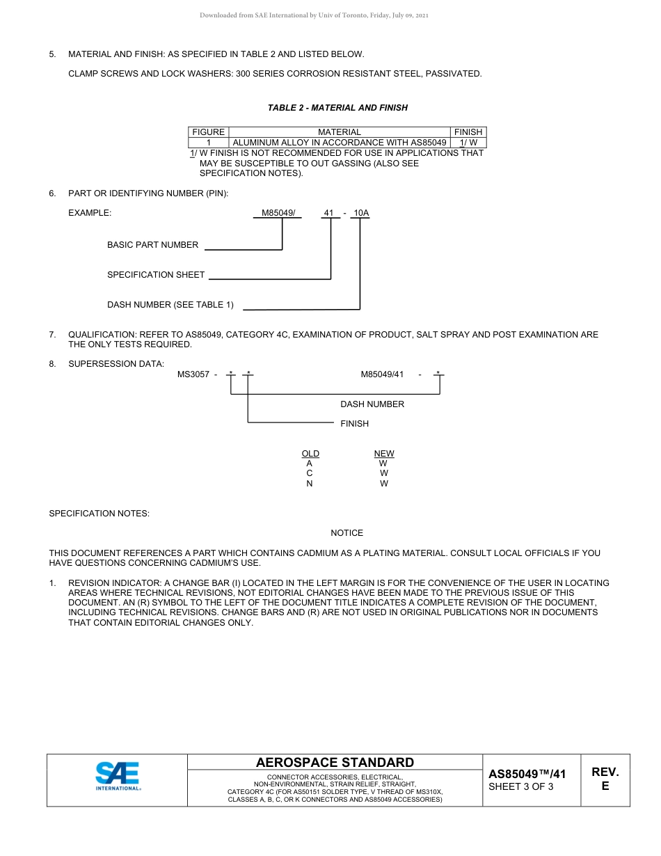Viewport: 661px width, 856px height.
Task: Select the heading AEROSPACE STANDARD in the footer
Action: coord(335,763)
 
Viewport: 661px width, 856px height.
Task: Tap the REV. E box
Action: coord(605,779)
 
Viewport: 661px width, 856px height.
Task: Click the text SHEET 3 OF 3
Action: coord(521,787)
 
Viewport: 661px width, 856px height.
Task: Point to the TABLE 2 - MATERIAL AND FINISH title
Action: coord(337,108)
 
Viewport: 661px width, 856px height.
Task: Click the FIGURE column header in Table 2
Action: coord(208,132)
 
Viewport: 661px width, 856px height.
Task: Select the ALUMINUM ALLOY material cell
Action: coord(339,143)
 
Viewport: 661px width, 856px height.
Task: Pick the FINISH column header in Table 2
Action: coord(468,132)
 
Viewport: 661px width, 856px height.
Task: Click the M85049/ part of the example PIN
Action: coord(278,213)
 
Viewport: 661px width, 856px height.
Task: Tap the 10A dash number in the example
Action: coord(360,213)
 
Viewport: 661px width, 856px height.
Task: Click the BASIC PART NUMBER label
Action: coord(152,245)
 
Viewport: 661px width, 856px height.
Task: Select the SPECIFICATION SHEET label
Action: coord(156,275)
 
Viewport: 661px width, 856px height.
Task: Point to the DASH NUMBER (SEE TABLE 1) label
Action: coord(170,305)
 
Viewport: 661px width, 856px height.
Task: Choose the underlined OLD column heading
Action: coord(310,454)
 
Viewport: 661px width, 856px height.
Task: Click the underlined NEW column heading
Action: coord(384,454)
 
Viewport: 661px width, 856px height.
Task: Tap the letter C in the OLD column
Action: coord(310,473)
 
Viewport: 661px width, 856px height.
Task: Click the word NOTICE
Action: coord(347,533)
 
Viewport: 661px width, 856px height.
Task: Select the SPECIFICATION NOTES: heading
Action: coord(99,514)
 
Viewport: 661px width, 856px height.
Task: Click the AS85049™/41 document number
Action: coord(527,774)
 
